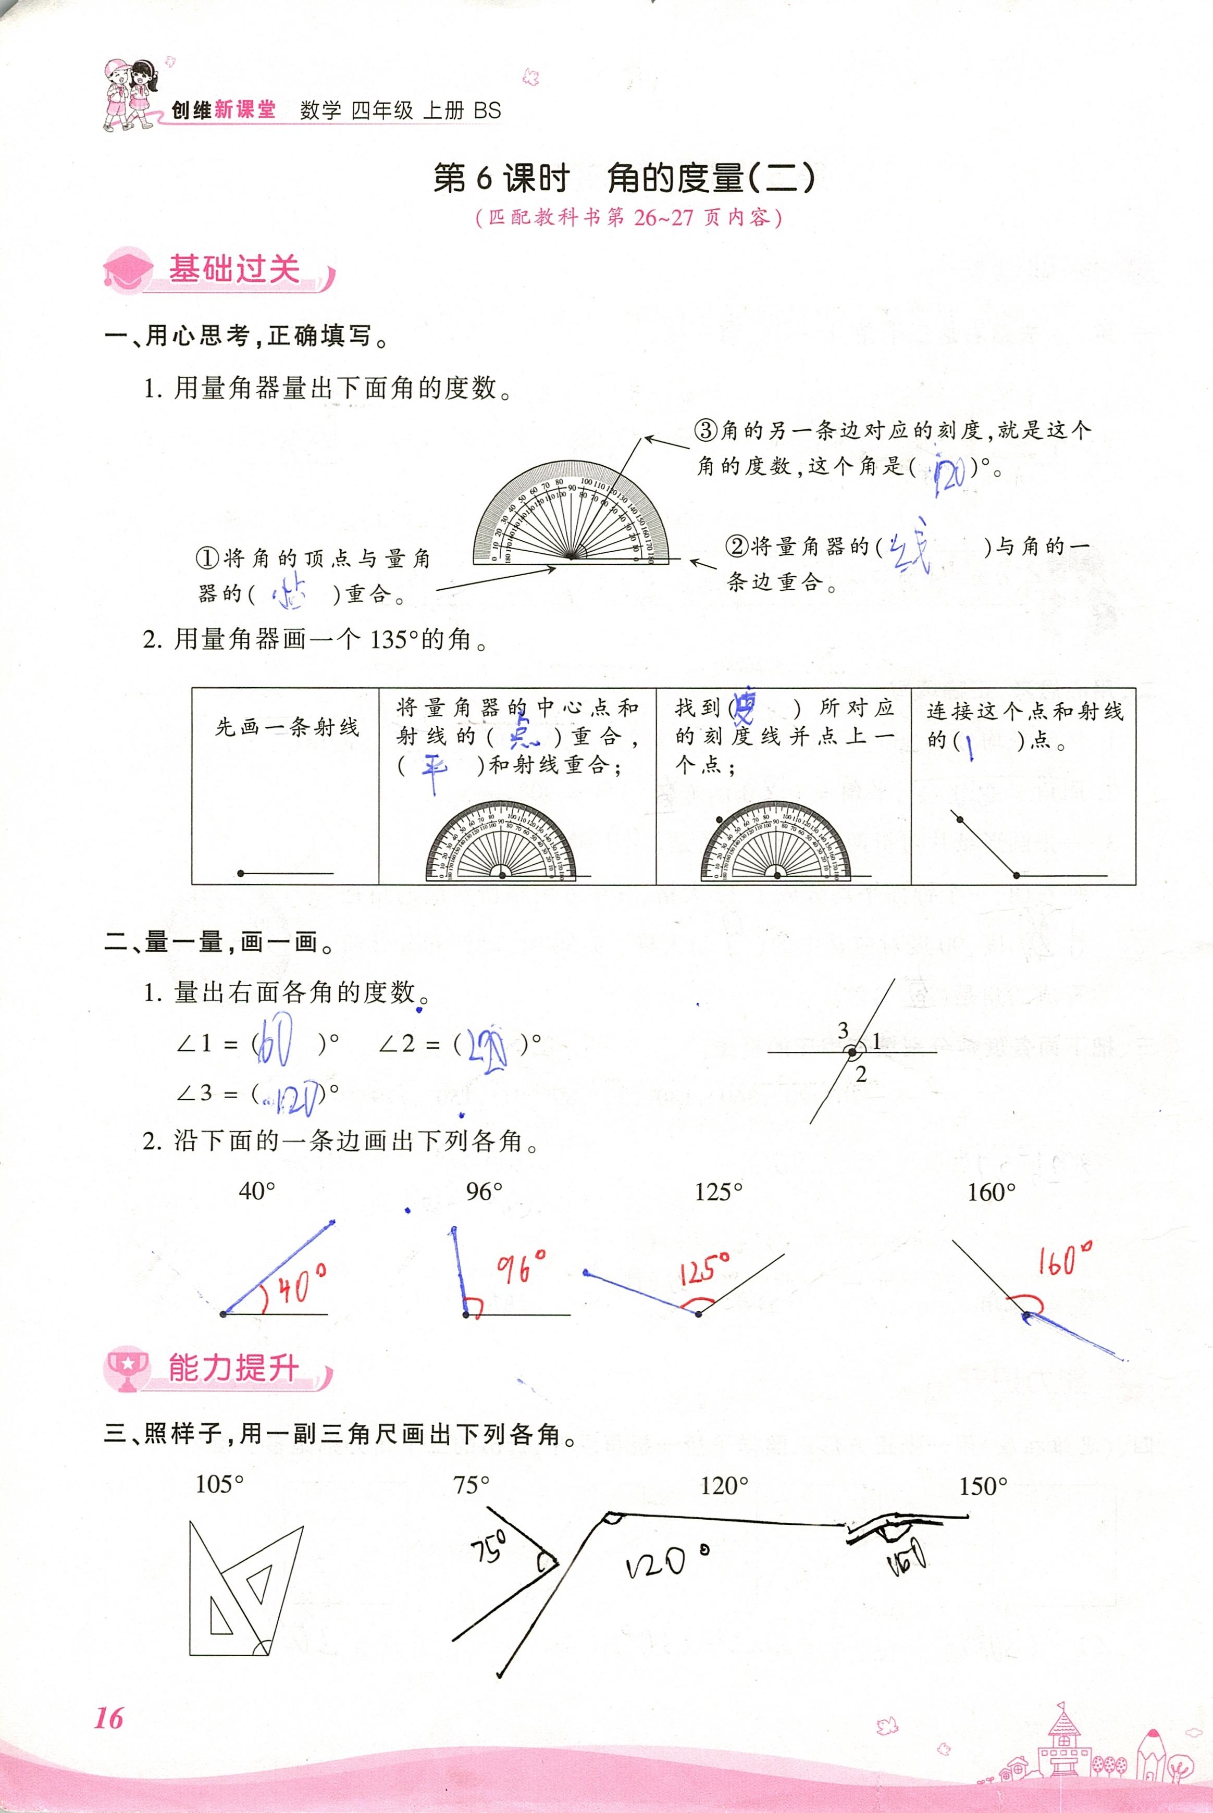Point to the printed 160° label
click(x=991, y=1192)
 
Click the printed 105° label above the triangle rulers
click(x=220, y=1484)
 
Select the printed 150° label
click(x=983, y=1486)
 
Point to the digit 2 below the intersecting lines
click(x=861, y=1074)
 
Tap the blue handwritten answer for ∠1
click(x=275, y=1044)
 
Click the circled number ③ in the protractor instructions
click(x=707, y=430)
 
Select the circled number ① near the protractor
click(x=207, y=557)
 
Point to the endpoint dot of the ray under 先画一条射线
click(x=241, y=873)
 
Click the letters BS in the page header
click(x=487, y=110)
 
